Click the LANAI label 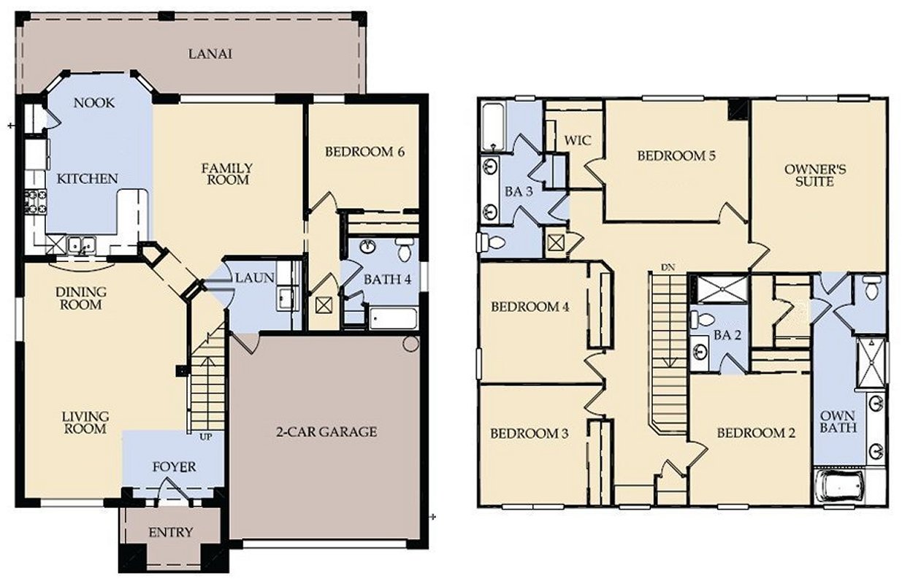click(x=210, y=54)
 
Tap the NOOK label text click(x=94, y=103)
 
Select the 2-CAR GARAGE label click(x=326, y=431)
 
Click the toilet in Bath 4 click(x=402, y=250)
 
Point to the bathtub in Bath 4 click(x=393, y=318)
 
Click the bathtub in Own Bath click(x=838, y=485)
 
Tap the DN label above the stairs click(x=666, y=267)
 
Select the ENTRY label click(x=170, y=532)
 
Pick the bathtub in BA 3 click(x=493, y=126)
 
